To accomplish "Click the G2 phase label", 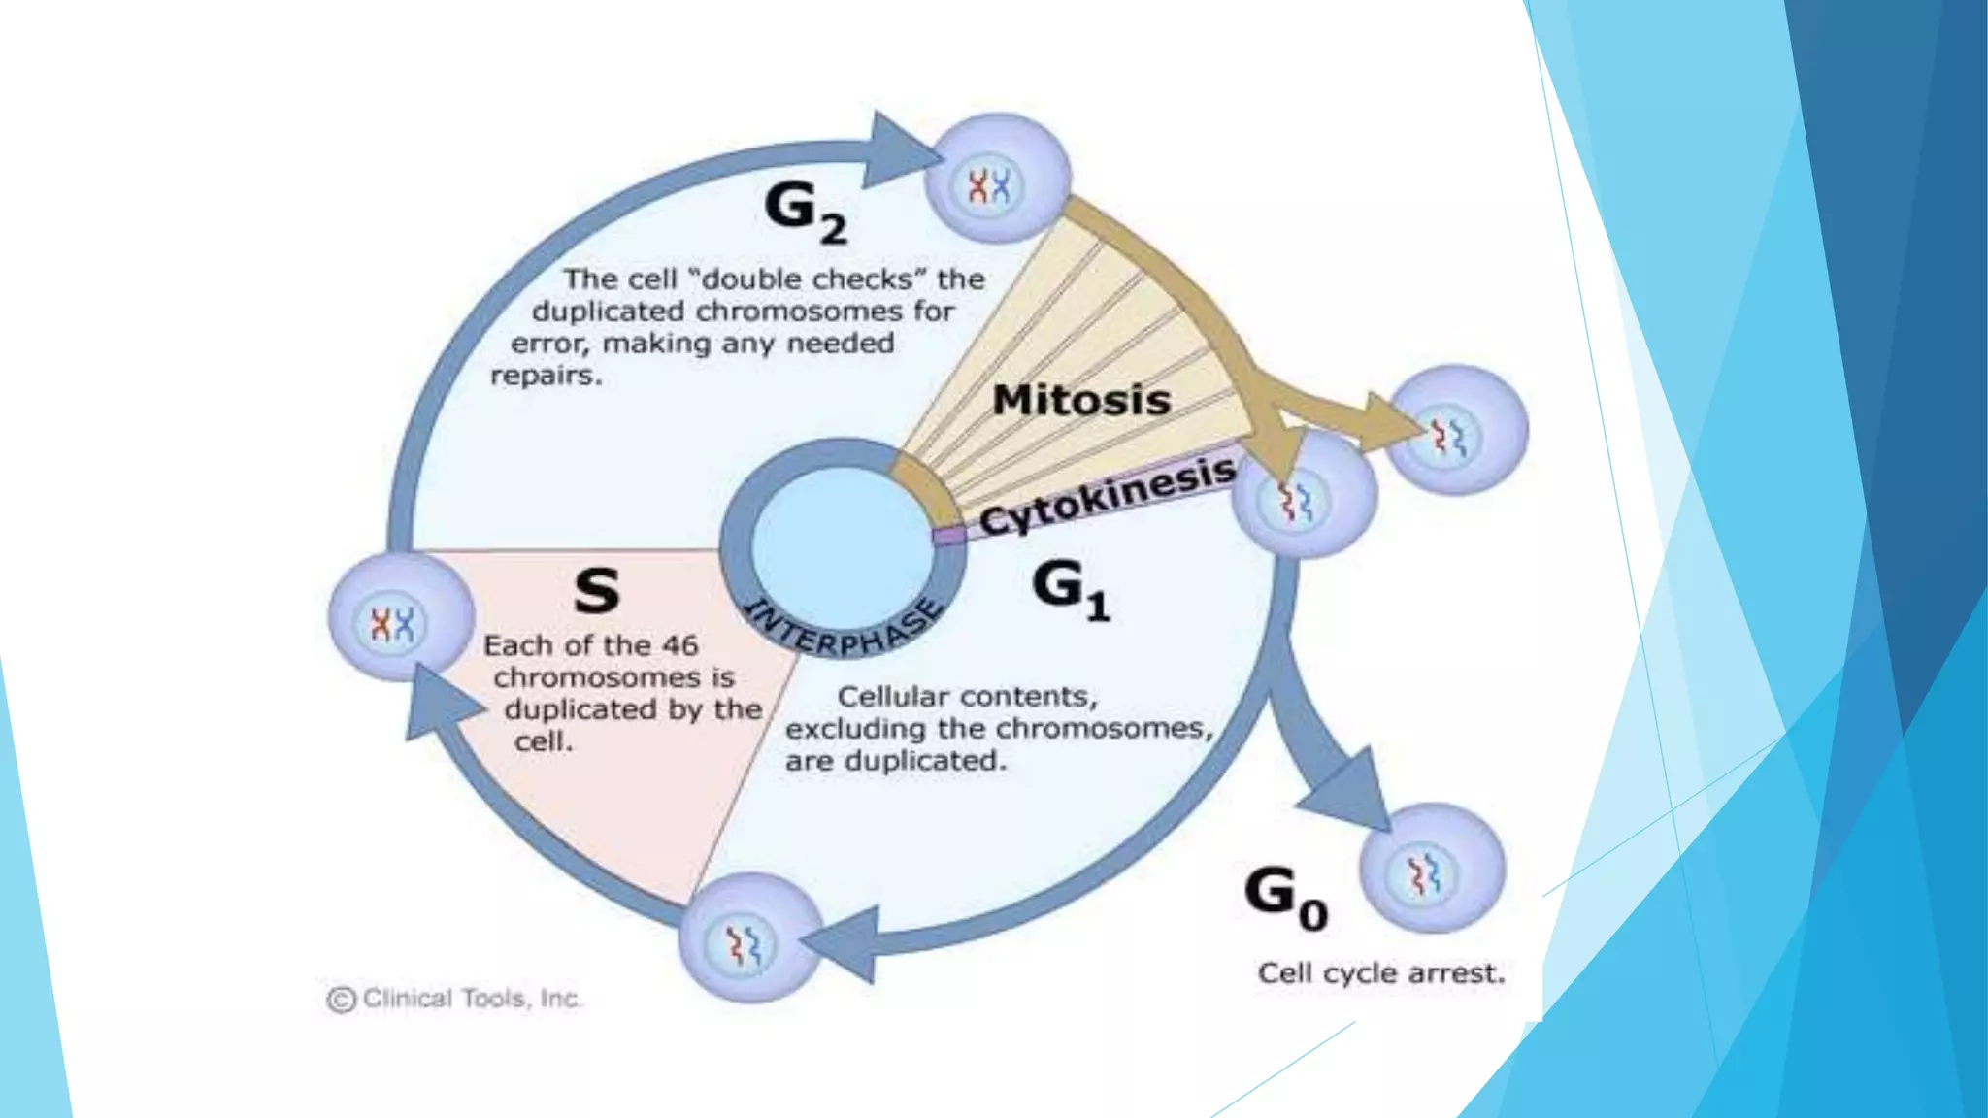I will (x=804, y=212).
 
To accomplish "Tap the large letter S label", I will (x=596, y=591).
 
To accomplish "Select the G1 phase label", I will (x=1070, y=590).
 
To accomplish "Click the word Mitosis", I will (x=1081, y=400).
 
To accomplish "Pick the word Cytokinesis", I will (x=1108, y=496).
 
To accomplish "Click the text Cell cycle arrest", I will (x=1380, y=973).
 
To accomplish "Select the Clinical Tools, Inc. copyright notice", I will (x=454, y=999).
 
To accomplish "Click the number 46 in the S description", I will (x=679, y=645).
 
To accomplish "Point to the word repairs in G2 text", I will (x=546, y=377).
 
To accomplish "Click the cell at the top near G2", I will (x=997, y=179).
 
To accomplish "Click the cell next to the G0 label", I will (x=1432, y=869).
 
